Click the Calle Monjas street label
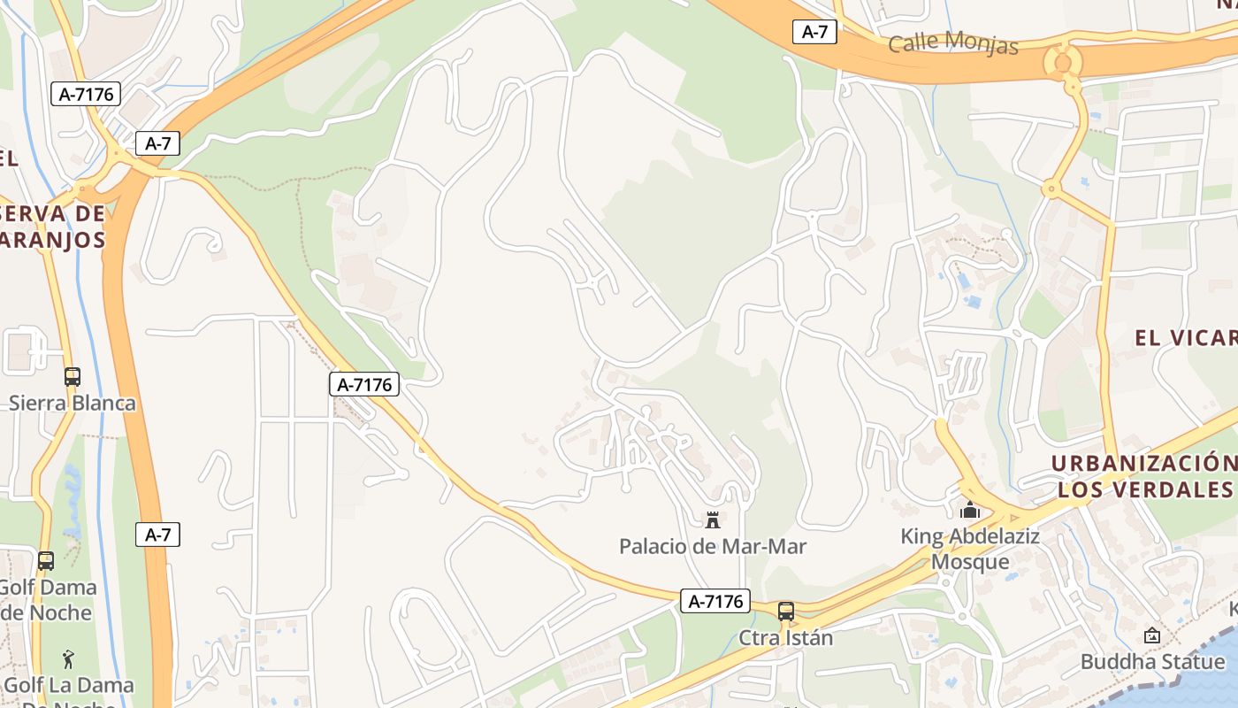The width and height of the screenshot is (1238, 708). coord(952,42)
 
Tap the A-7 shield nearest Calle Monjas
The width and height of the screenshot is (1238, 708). coord(814,32)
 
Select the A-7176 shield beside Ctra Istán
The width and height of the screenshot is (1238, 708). coord(715,602)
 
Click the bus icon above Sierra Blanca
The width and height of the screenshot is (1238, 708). coord(73,377)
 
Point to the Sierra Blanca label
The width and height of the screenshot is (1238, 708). coord(73,404)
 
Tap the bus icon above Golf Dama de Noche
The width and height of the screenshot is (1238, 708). coord(46,561)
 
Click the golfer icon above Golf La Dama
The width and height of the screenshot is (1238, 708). coord(68,659)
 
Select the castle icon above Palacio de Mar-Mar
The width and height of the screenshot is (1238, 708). coord(713,520)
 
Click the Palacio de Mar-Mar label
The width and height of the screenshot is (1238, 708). coord(713,546)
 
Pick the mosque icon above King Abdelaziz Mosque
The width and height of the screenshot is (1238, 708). coord(970,511)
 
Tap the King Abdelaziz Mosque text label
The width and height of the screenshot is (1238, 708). coord(970,549)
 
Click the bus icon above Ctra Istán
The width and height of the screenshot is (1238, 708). coord(785,612)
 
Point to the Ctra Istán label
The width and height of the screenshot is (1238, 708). coord(785,637)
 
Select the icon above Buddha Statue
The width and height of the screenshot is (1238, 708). coord(1151,635)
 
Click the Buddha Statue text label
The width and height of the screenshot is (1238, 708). coord(1152,661)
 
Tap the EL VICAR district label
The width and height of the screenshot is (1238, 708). coord(1185,337)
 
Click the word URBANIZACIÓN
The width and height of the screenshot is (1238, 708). coord(1142,464)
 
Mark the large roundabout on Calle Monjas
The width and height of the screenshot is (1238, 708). coord(1061,63)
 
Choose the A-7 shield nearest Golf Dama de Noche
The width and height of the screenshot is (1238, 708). coord(157,535)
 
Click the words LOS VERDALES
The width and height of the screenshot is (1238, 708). coord(1144,489)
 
